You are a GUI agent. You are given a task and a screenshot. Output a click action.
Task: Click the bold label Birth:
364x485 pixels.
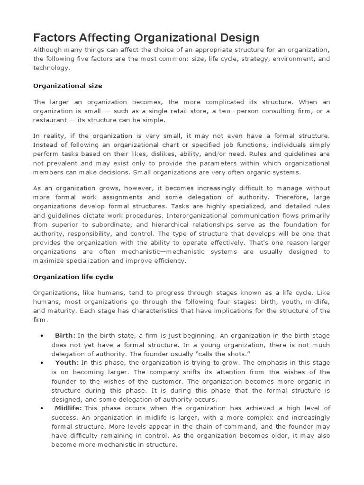tap(65, 335)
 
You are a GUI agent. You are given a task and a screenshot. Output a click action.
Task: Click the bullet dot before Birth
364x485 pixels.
tap(43, 336)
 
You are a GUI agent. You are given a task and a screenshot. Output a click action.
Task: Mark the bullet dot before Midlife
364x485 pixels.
tap(43, 408)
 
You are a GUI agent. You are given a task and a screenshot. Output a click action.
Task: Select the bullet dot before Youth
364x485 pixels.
tap(43, 363)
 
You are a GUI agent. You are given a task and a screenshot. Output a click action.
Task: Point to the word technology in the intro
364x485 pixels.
tap(50, 68)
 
